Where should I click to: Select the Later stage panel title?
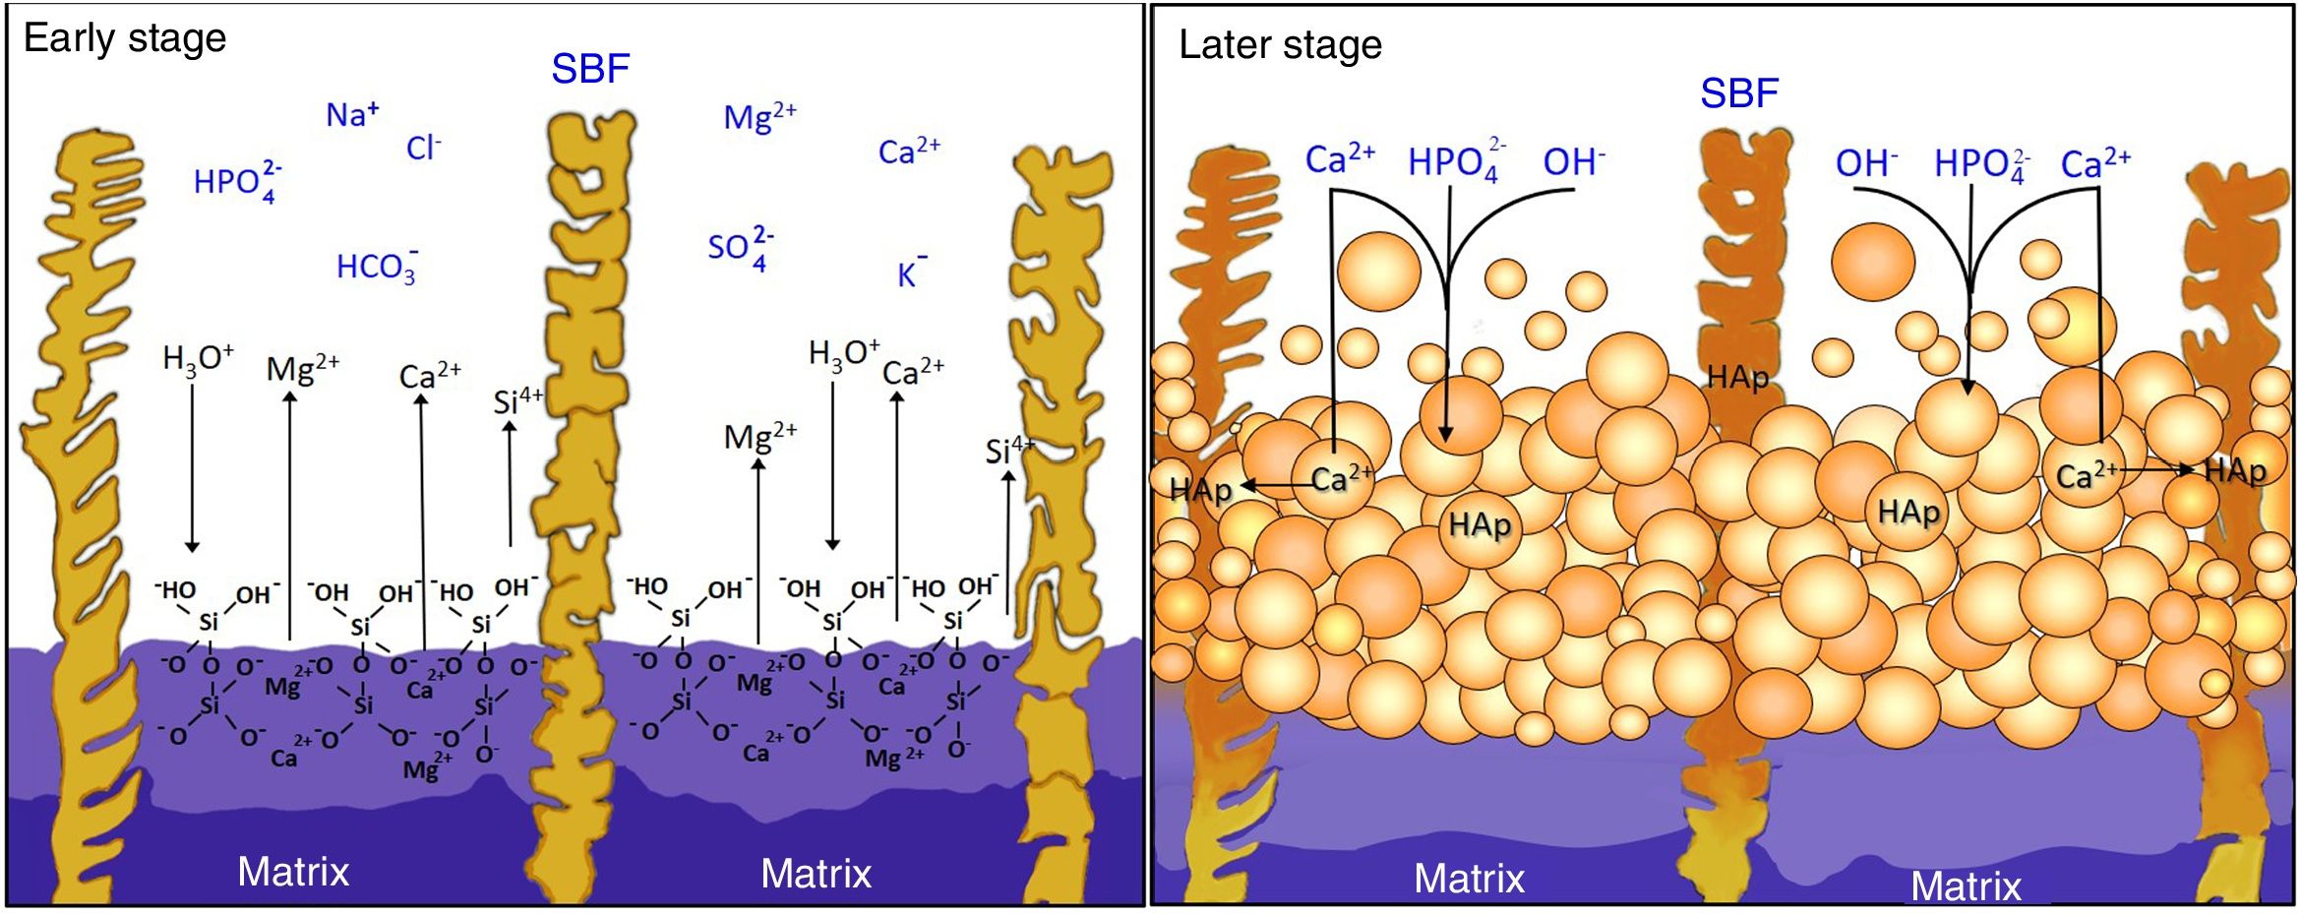click(x=1280, y=45)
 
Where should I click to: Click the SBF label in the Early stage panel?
click(x=590, y=69)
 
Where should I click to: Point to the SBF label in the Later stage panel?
click(x=1739, y=93)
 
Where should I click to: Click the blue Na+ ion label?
click(x=351, y=115)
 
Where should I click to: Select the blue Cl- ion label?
click(x=424, y=149)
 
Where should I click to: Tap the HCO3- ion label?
click(x=377, y=267)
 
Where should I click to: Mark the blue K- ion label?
click(x=911, y=274)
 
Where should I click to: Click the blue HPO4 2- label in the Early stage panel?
click(x=237, y=182)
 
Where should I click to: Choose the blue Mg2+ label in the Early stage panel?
click(x=759, y=117)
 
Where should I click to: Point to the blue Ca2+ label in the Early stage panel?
click(x=909, y=152)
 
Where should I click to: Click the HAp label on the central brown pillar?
click(x=1737, y=377)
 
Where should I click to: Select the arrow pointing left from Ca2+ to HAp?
click(x=1276, y=485)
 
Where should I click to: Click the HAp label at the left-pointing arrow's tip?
click(x=1200, y=489)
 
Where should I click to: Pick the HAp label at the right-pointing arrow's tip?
click(x=2235, y=471)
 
